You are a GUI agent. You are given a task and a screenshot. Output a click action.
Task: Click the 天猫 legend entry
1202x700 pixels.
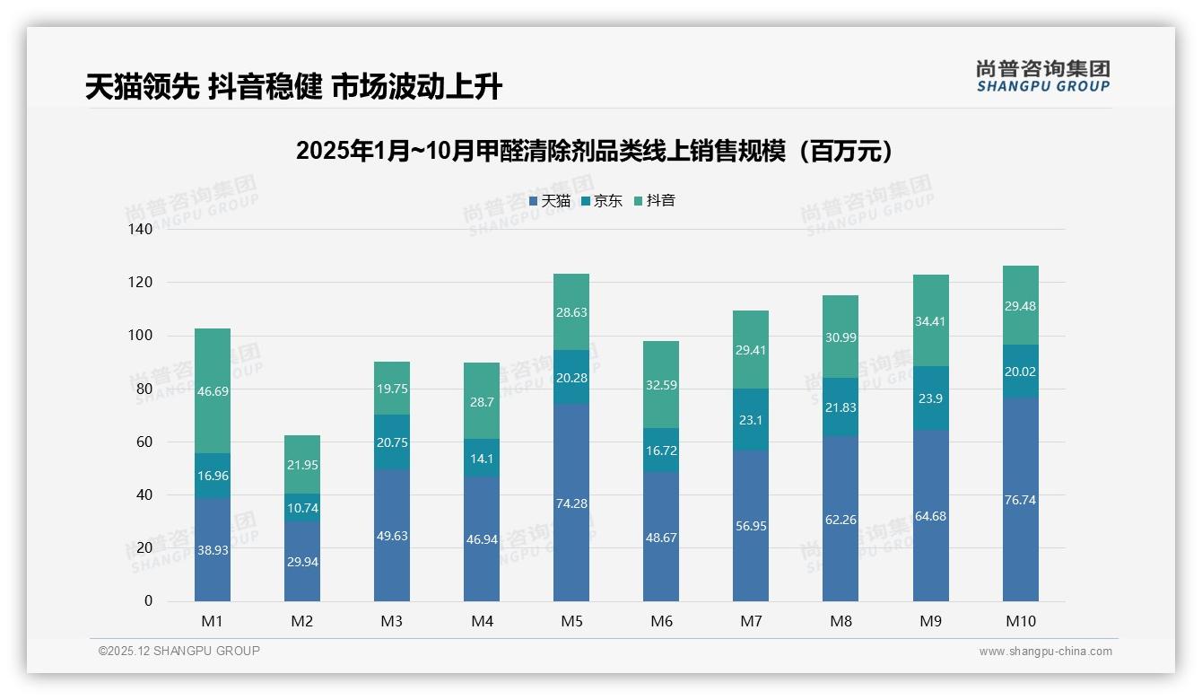point(550,201)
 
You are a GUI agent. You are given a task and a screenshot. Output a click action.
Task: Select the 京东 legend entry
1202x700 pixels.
point(602,201)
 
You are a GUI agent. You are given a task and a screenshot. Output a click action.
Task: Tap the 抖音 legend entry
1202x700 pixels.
point(655,201)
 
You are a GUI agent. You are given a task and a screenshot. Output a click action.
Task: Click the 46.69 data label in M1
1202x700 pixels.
point(213,391)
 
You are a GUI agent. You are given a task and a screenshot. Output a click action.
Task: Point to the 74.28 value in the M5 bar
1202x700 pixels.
point(571,503)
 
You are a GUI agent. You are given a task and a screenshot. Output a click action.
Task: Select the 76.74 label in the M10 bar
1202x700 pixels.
point(1020,500)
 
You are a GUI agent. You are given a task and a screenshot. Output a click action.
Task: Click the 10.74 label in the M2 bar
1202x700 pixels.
point(302,508)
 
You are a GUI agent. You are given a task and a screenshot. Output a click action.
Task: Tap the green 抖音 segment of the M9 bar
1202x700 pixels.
point(930,321)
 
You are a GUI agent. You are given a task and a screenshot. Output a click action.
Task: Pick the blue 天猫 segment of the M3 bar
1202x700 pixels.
point(392,536)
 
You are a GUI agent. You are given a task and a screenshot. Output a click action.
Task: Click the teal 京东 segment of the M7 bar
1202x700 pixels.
point(751,419)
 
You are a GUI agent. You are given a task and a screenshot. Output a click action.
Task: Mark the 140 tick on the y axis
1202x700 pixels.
point(141,229)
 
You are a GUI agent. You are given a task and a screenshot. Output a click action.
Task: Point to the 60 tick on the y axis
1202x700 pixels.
point(144,442)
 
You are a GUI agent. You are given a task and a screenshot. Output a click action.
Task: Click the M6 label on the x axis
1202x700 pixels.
point(661,621)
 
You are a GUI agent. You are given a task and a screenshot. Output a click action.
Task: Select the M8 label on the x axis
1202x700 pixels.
point(841,621)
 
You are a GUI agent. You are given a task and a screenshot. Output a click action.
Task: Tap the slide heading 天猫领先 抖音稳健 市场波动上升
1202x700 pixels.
point(293,87)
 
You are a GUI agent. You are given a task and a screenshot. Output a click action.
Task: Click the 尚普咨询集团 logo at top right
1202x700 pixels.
point(1042,75)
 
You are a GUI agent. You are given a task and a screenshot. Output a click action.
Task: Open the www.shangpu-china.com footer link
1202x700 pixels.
point(1045,652)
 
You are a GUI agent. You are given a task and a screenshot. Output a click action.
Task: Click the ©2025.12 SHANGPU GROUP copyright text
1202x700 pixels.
point(179,652)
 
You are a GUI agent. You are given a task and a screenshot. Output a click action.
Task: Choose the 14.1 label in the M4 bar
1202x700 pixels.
point(482,458)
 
